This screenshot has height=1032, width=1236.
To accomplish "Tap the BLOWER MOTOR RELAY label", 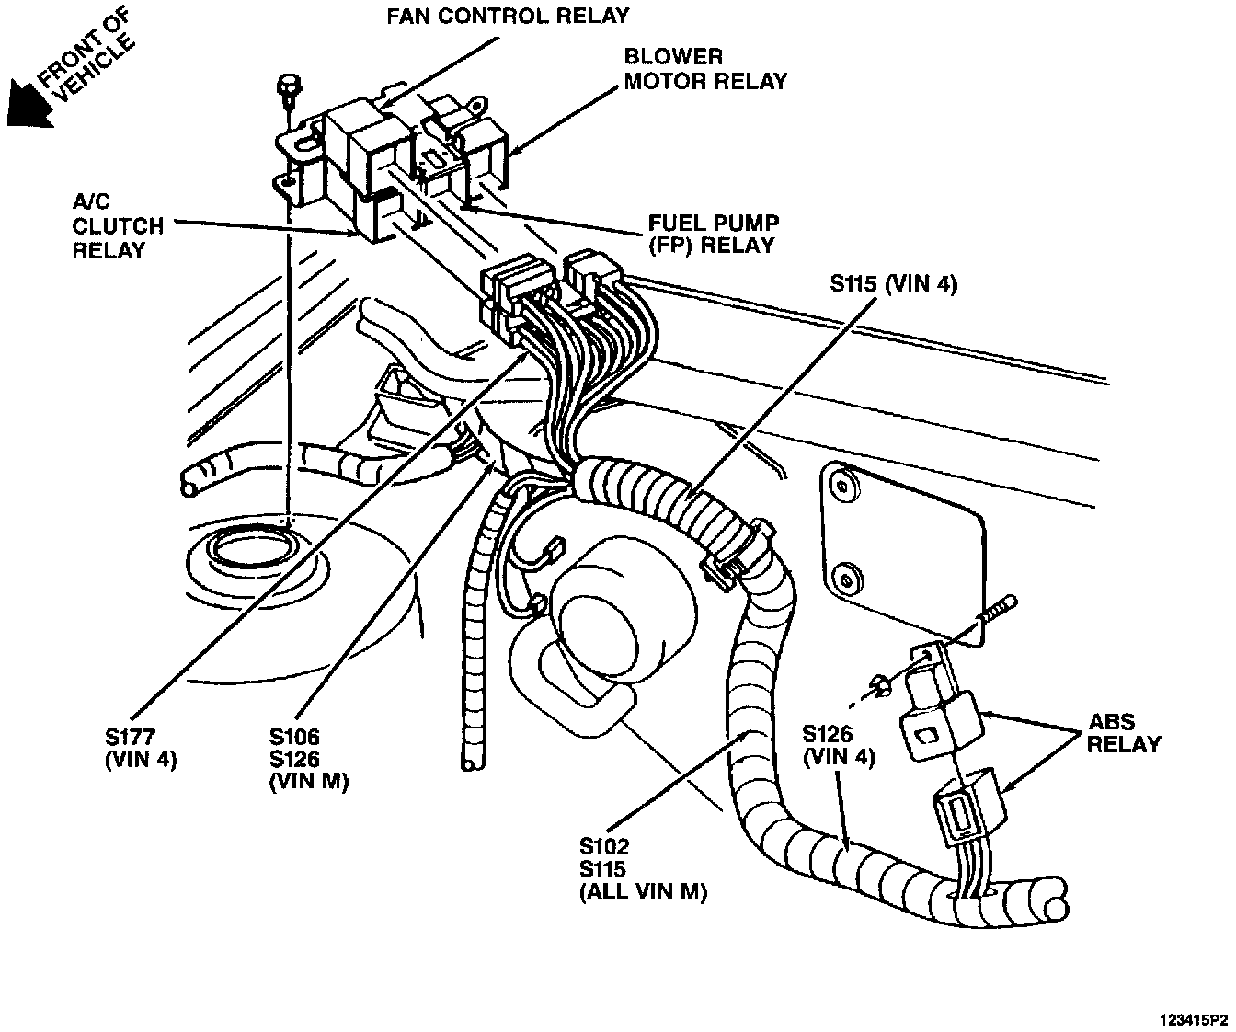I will [x=705, y=69].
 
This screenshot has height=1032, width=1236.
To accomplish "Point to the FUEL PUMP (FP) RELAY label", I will [x=714, y=234].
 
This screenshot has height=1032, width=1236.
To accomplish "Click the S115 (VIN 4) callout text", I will [x=893, y=284].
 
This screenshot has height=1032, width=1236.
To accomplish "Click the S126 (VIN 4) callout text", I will [x=838, y=745].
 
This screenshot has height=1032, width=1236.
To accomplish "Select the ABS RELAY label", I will [x=1123, y=733].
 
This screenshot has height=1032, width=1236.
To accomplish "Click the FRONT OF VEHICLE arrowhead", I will [x=26, y=104].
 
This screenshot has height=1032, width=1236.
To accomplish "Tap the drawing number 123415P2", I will [x=1193, y=1020].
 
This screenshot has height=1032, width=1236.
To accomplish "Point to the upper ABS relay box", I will [x=942, y=714].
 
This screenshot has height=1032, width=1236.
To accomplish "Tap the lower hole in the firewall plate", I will [x=844, y=579].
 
